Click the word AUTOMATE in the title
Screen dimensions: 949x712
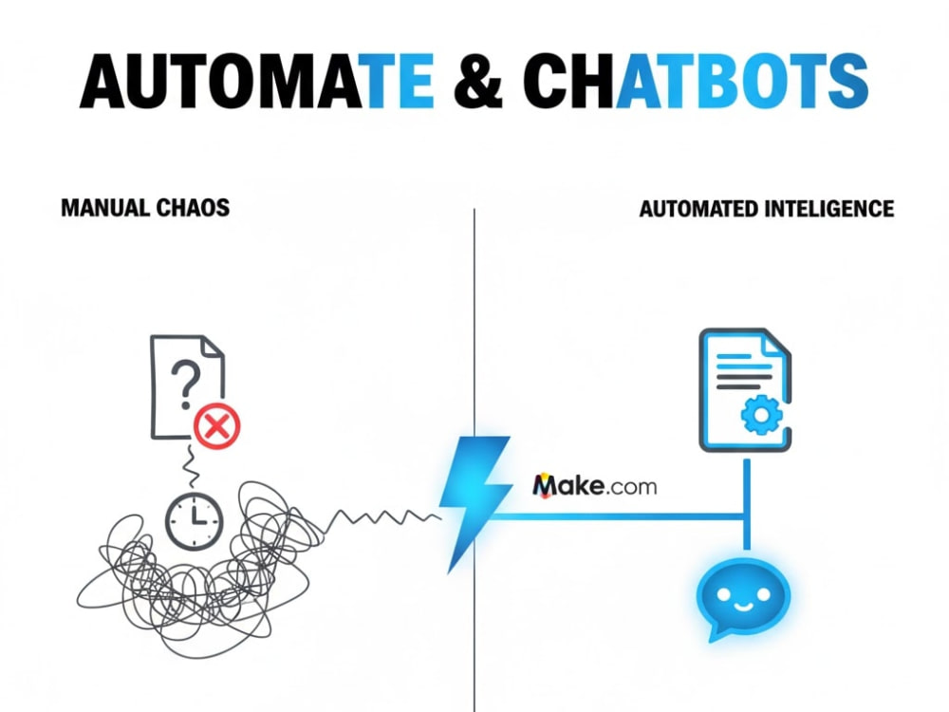click(x=257, y=81)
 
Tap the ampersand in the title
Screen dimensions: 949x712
click(x=478, y=81)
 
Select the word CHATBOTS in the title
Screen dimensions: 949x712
click(x=696, y=81)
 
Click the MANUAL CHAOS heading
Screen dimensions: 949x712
click(x=145, y=208)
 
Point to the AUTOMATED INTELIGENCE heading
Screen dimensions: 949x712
click(x=766, y=209)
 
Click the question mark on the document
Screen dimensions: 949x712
click(x=185, y=383)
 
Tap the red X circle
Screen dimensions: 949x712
click(x=216, y=426)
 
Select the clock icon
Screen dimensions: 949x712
click(x=195, y=521)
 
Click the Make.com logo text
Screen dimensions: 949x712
click(x=594, y=485)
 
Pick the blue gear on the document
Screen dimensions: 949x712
click(x=761, y=414)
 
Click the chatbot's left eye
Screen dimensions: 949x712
click(x=724, y=594)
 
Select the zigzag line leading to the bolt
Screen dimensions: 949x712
click(x=382, y=519)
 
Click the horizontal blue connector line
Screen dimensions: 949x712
click(x=618, y=516)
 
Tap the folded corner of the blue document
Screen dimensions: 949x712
click(x=777, y=345)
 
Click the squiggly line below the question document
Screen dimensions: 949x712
click(x=191, y=466)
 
